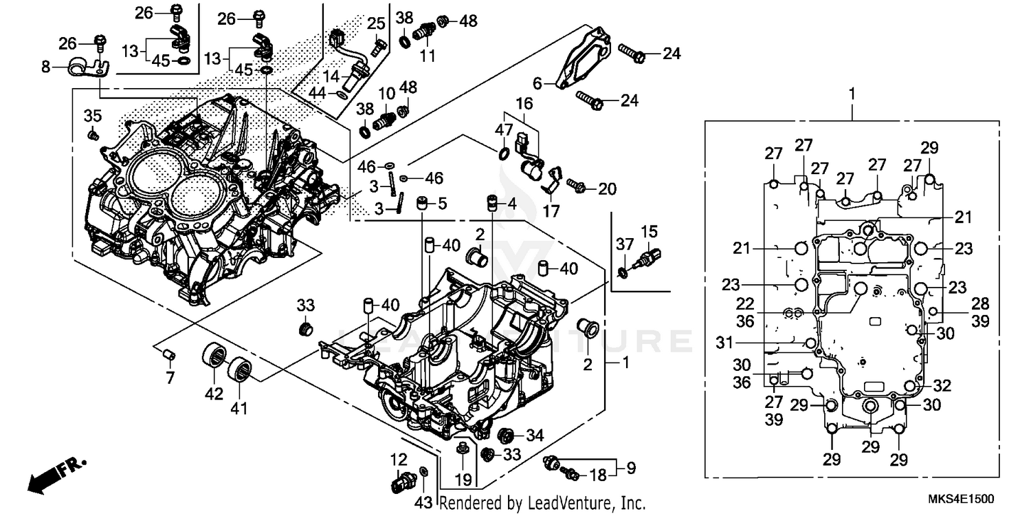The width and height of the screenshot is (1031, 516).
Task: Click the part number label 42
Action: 214,394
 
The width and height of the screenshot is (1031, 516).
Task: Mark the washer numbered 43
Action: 424,471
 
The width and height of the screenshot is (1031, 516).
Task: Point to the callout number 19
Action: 463,478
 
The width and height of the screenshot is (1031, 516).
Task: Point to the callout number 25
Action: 375,25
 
